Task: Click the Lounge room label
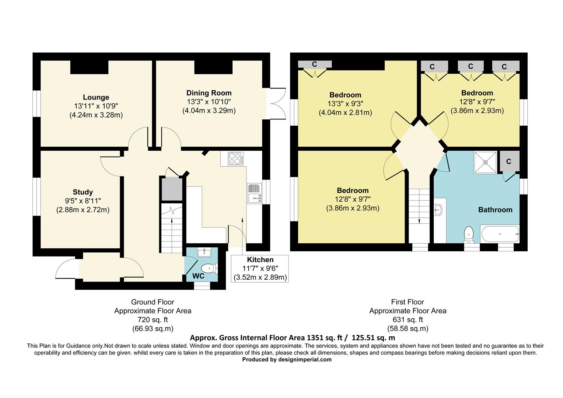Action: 96,97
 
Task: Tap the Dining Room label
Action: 209,93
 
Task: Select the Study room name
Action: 83,192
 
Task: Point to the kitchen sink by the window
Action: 255,193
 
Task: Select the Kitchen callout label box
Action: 260,269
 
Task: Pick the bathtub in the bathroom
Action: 500,234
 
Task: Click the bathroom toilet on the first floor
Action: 469,234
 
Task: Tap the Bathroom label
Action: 495,210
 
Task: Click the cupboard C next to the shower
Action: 509,162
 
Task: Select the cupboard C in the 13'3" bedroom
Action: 315,64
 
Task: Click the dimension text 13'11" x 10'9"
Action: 96,106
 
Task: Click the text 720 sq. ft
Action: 153,320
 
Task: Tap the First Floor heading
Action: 408,302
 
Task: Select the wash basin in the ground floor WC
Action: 204,252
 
